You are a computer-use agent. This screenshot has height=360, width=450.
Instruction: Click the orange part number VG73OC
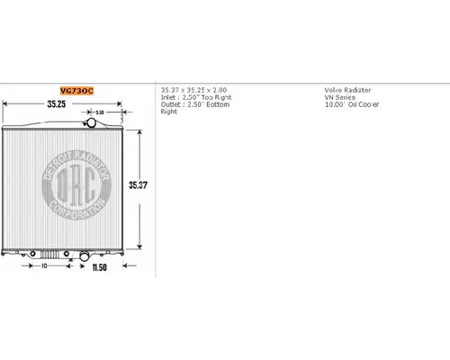click(x=77, y=91)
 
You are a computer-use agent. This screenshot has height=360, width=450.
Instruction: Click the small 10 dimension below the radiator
click(x=43, y=265)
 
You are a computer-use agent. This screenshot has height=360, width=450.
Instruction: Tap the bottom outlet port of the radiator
click(x=84, y=256)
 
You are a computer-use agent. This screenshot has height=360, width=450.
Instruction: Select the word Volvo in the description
click(x=332, y=91)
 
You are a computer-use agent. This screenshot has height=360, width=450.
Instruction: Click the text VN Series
click(x=339, y=98)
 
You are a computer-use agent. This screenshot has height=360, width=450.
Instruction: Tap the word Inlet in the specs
click(x=169, y=98)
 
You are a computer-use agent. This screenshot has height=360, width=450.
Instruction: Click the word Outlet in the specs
click(x=171, y=105)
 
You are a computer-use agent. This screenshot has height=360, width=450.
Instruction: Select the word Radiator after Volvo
click(x=357, y=91)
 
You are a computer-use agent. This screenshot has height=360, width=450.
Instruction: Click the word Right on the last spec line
click(x=169, y=112)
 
